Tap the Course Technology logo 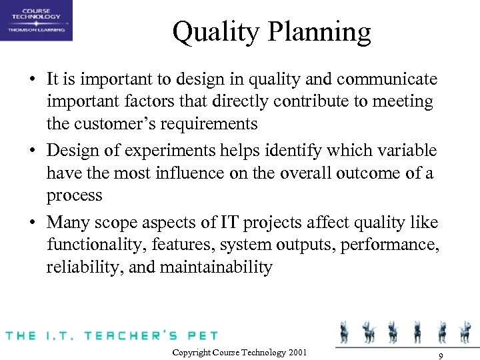(36, 20)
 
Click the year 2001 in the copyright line (298, 352)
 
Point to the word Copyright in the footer (192, 352)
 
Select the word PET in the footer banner (201, 335)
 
